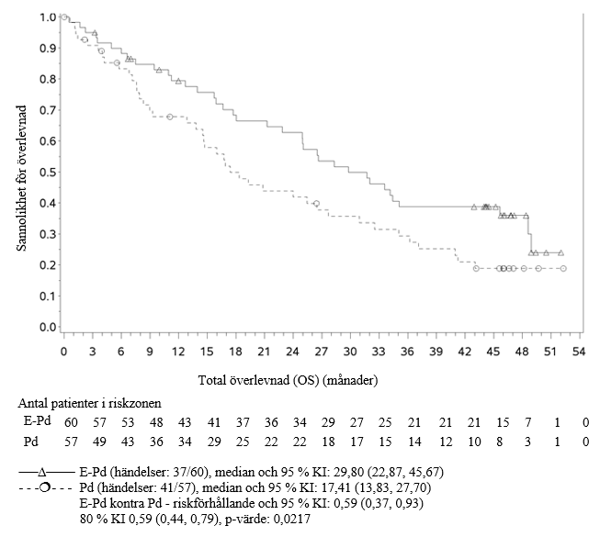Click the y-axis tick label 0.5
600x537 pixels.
coord(42,173)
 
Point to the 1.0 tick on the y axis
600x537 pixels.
coord(42,17)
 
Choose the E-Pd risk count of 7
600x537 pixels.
coord(529,421)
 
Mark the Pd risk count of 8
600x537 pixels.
coord(501,442)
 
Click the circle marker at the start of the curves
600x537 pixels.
coord(63,17)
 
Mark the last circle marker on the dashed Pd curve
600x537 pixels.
coord(562,268)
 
